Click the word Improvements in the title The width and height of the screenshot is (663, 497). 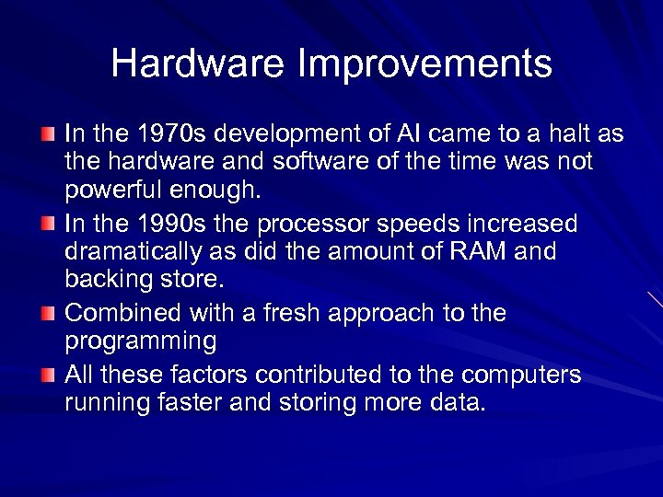click(x=425, y=64)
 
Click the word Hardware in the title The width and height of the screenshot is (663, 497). click(x=197, y=64)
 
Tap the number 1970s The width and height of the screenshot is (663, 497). click(x=164, y=134)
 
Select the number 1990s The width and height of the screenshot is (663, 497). click(x=164, y=224)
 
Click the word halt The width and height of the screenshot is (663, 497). click(x=568, y=134)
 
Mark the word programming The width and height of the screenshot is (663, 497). click(x=141, y=342)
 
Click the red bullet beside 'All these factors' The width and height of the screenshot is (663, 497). click(x=49, y=375)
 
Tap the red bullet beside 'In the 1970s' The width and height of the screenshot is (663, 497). click(x=49, y=134)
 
